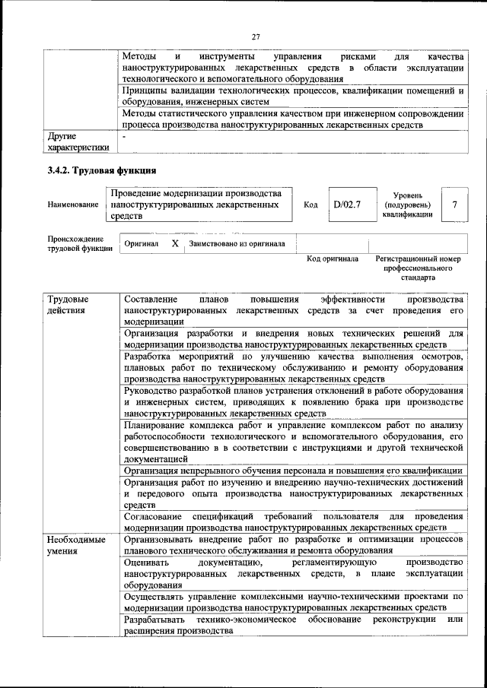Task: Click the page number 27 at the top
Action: click(256, 35)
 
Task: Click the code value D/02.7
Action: click(346, 204)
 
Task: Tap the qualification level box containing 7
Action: click(454, 204)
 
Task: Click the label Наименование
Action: click(72, 204)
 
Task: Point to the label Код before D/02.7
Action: click(310, 204)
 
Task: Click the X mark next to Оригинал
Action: click(175, 243)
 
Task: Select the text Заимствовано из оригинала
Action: click(237, 244)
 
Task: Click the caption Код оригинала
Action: click(332, 259)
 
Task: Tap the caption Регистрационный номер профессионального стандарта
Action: click(419, 268)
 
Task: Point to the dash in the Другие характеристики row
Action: click(126, 137)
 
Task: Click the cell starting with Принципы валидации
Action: click(293, 96)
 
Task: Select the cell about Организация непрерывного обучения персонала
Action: click(293, 470)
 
